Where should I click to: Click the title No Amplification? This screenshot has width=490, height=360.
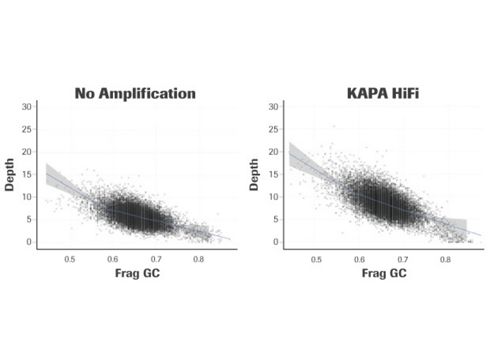coord(135,93)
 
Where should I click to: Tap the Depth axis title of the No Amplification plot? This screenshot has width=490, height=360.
coord(20,172)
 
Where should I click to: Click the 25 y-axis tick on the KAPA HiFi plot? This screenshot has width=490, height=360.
coord(279,128)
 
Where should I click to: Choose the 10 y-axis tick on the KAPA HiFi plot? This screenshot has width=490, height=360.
coord(279,196)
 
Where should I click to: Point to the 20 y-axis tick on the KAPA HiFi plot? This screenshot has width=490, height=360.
coord(279,151)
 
